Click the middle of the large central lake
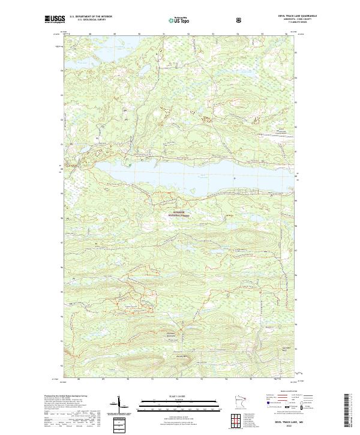point(180,177)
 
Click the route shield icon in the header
point(239,19)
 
